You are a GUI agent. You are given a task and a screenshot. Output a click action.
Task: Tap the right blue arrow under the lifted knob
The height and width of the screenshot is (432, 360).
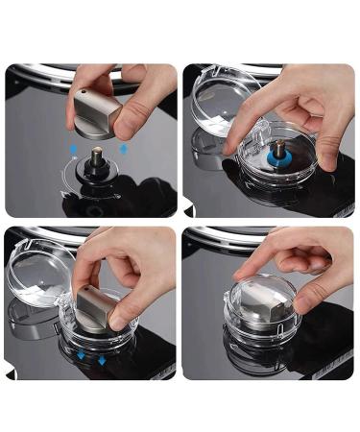pyautogui.click(x=123, y=148)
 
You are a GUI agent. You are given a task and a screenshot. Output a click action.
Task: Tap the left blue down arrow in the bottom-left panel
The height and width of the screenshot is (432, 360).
pyautogui.click(x=81, y=355)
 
